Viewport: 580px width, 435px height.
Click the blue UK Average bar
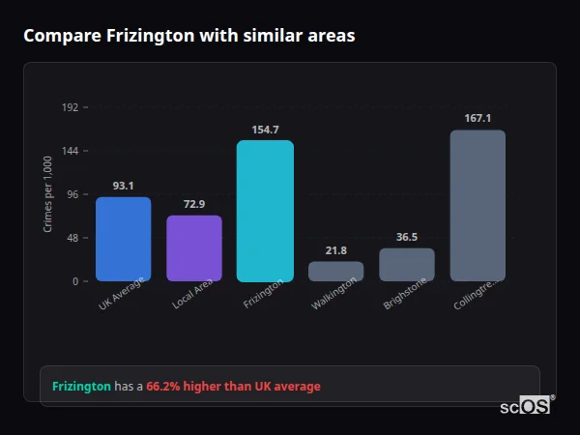pyautogui.click(x=123, y=239)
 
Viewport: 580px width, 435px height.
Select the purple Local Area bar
pyautogui.click(x=194, y=248)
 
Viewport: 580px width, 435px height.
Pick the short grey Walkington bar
pyautogui.click(x=335, y=272)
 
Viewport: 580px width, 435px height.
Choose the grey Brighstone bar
pyautogui.click(x=407, y=265)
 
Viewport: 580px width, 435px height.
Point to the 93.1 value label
pyautogui.click(x=123, y=186)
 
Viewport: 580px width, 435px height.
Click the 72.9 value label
pyautogui.click(x=194, y=204)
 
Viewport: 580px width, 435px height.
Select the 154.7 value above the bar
pyautogui.click(x=265, y=130)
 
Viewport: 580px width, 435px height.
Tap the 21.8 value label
pyautogui.click(x=335, y=250)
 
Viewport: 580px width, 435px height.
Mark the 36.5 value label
pyautogui.click(x=407, y=237)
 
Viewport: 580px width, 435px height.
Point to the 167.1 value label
pyautogui.click(x=478, y=118)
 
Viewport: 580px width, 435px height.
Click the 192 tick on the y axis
pyautogui.click(x=70, y=107)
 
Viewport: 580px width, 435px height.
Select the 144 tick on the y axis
pyautogui.click(x=70, y=151)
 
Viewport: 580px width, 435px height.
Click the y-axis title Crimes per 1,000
pyautogui.click(x=48, y=194)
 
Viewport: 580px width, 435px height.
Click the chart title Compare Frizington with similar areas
pyautogui.click(x=188, y=36)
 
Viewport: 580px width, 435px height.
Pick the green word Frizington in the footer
pyautogui.click(x=81, y=387)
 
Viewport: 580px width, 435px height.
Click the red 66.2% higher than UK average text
pyautogui.click(x=233, y=387)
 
